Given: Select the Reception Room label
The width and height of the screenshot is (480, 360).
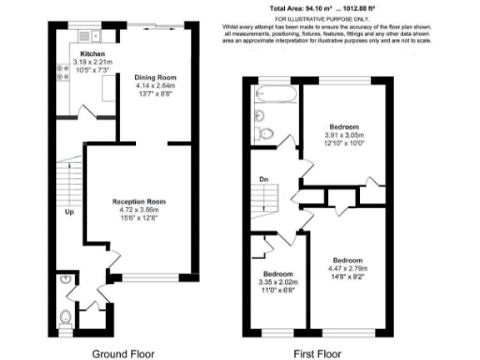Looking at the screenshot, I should pos(139,202).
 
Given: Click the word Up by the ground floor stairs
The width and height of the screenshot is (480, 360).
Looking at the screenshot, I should pos(68,211).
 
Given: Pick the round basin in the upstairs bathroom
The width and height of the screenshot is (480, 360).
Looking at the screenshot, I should pos(262,114).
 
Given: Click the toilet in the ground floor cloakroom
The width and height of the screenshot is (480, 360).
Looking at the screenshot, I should pos(64,317).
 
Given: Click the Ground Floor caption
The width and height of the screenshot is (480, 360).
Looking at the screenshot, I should pos(122,353).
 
